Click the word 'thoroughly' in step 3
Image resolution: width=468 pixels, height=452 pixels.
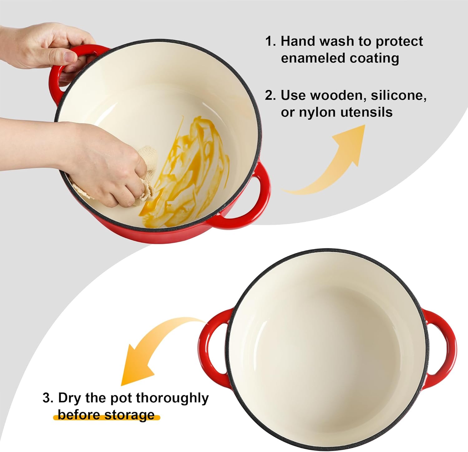pos(172,399)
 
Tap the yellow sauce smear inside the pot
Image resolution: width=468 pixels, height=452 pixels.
pos(187,175)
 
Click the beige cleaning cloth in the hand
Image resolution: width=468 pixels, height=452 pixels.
pos(147,175)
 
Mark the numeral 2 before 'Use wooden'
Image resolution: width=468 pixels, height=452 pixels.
pos(270,95)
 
